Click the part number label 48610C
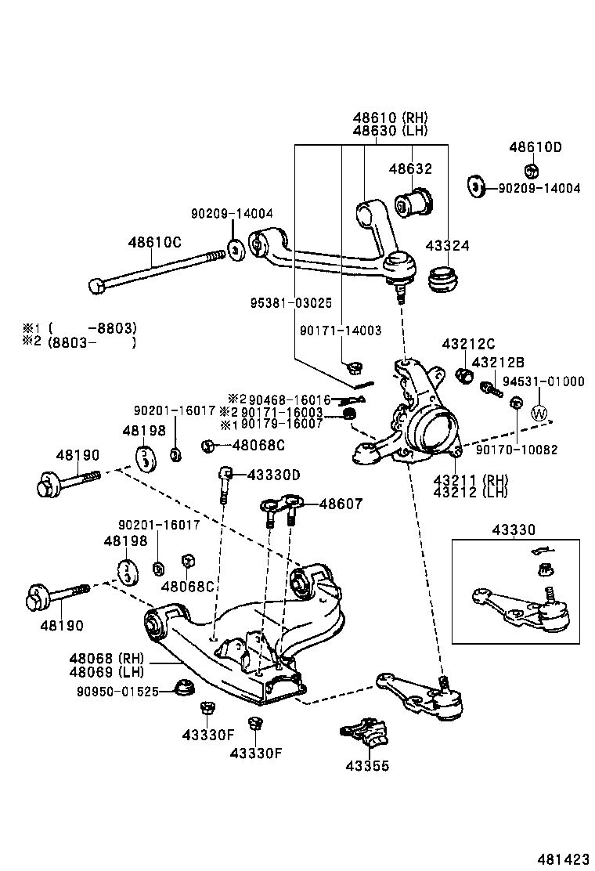pos(155,242)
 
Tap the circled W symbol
pos(539,412)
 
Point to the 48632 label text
pos(411,168)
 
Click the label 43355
pos(367,766)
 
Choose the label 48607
pos(341,504)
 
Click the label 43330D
pos(273,475)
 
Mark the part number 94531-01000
pos(543,381)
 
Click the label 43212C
pos(468,343)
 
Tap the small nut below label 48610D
pos(530,171)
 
